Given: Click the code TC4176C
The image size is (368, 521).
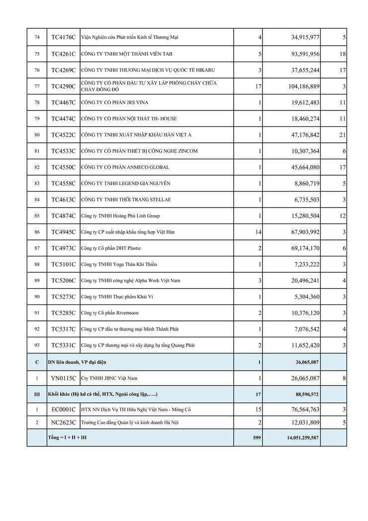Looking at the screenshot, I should coord(63,37).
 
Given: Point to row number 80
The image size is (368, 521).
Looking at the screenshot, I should coord(37,135).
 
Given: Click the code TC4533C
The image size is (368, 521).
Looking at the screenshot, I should coord(63,151).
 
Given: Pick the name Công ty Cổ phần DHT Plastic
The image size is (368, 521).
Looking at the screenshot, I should coord(111,248).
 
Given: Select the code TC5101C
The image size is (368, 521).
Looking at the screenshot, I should coord(63,264).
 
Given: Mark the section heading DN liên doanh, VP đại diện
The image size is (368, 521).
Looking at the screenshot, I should coord(77,362).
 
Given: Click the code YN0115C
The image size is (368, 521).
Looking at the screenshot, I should coord(63,378).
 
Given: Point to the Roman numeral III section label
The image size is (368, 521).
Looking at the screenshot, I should coord(37,394).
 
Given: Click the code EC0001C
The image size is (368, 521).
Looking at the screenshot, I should coord(63,410).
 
